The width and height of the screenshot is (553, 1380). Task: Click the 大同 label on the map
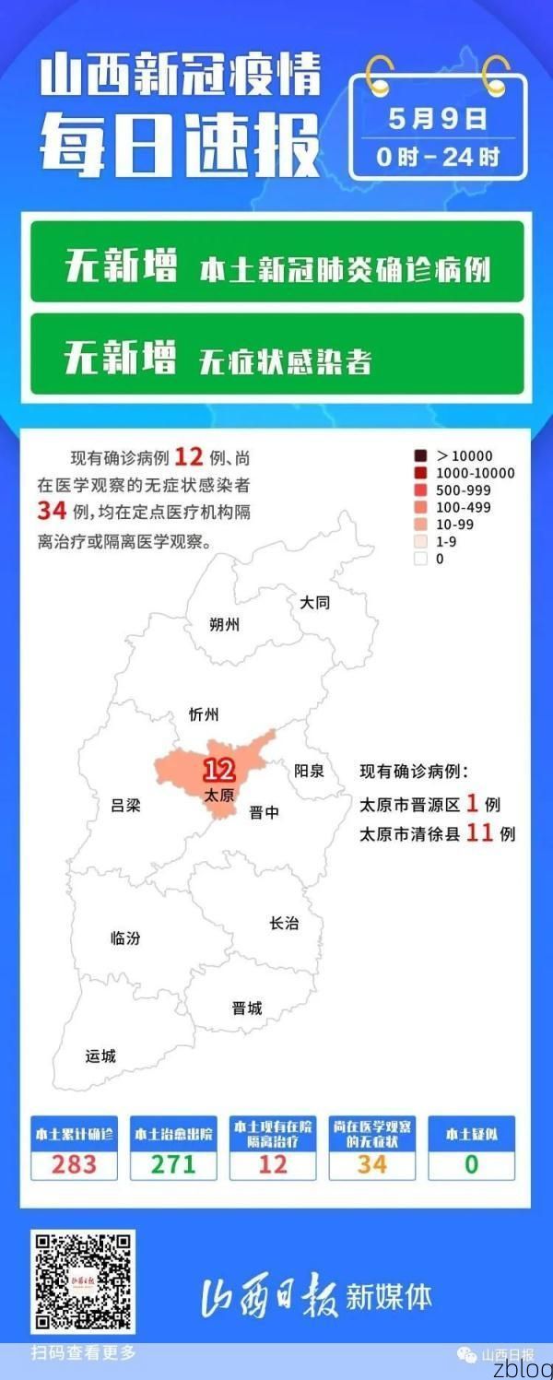coord(314,603)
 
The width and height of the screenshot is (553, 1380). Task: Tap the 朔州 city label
coord(224,624)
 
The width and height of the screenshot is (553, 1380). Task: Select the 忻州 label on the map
coord(203,714)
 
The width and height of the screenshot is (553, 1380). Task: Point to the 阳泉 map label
coord(309,771)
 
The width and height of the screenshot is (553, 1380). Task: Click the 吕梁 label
coord(125,805)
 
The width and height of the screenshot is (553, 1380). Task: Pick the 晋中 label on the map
coord(264,812)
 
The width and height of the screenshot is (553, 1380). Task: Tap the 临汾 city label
coord(125,938)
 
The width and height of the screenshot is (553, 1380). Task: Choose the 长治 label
coord(284,923)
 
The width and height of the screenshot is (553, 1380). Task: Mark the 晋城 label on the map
coord(247,1008)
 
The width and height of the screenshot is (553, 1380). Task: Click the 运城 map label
coord(100,1056)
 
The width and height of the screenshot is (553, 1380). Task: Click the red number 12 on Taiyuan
coord(218,770)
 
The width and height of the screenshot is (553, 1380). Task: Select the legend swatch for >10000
coord(420,455)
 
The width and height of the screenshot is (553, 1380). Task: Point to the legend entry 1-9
coord(446,541)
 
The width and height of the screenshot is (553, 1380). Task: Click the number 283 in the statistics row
coord(74,1163)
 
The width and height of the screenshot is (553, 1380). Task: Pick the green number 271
coord(173,1163)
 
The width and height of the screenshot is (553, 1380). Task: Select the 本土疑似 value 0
coord(471,1163)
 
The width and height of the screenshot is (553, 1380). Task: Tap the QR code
coord(83,1282)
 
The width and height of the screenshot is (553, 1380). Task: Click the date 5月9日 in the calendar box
coord(438,119)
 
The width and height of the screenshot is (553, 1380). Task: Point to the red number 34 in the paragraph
coord(52,510)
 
